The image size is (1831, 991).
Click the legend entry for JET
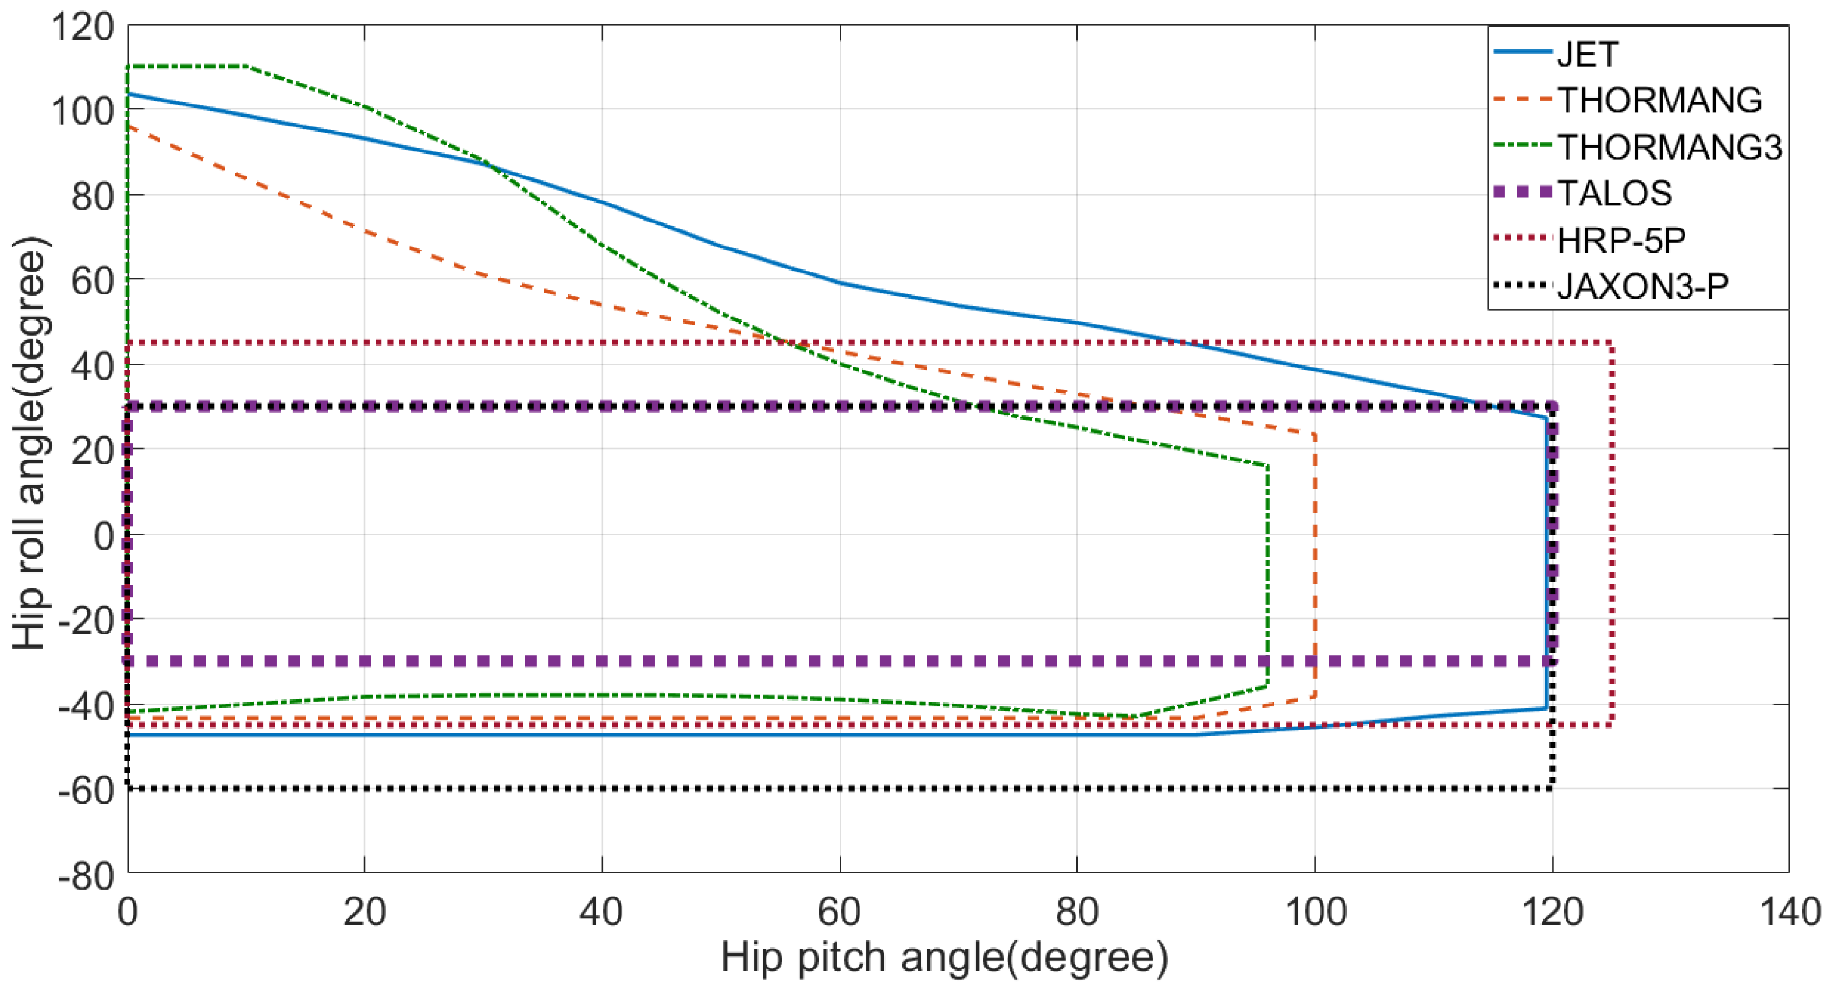[1588, 55]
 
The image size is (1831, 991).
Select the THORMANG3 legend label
[1670, 147]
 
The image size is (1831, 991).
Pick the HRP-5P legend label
[1621, 241]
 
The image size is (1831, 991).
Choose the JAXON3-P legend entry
[1642, 286]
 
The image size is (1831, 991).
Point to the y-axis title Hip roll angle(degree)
[30, 443]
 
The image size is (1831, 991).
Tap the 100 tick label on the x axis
[1315, 911]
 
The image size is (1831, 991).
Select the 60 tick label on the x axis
[840, 911]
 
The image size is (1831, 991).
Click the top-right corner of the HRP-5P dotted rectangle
[1612, 343]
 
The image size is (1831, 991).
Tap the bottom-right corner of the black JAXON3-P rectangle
[1552, 788]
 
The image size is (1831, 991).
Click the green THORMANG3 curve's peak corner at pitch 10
[246, 66]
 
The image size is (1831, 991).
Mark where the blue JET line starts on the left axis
[128, 93]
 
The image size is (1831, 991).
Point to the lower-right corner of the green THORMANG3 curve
[1267, 685]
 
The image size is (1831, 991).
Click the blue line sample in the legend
[1522, 51]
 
